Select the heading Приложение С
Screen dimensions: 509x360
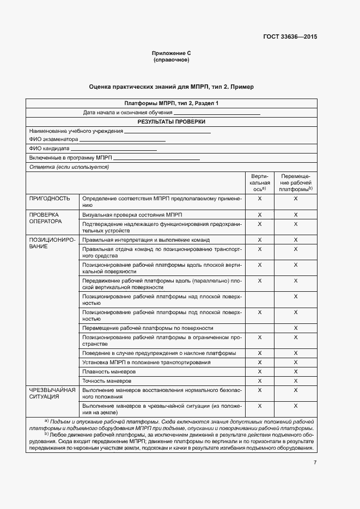(171, 53)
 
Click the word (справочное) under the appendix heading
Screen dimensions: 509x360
(171, 60)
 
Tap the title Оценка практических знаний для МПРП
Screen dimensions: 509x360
(171, 87)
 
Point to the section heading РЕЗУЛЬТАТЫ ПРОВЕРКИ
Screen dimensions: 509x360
(171, 122)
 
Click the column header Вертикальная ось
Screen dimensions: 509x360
(259, 182)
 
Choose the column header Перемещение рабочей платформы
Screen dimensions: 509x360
(295, 182)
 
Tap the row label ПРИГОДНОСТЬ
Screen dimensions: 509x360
(50, 199)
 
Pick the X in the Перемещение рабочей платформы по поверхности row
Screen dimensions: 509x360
(295, 328)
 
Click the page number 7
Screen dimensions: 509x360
(315, 463)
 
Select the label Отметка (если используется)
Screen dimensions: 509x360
(69, 167)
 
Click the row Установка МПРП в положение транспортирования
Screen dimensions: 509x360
(145, 362)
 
